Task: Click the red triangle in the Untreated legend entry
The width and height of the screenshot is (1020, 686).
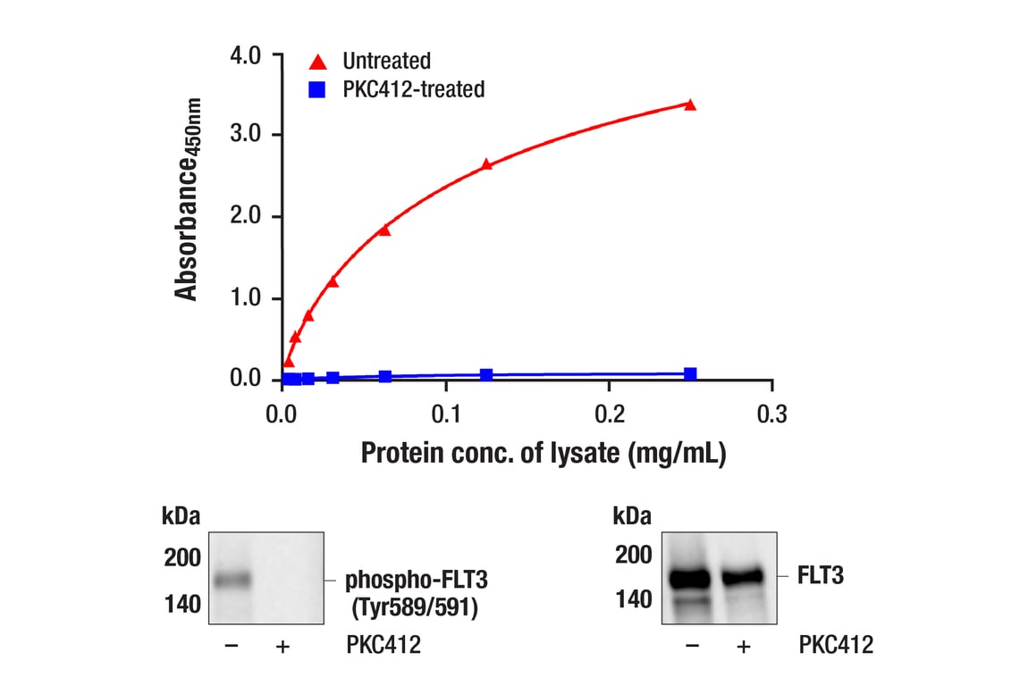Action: point(317,62)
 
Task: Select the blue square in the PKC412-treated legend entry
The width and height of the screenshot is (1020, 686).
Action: point(317,89)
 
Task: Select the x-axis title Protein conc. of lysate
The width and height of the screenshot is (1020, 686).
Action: point(544,453)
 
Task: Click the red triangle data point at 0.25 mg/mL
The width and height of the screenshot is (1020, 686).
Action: point(690,105)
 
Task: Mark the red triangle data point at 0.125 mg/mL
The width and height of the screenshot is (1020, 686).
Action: point(486,164)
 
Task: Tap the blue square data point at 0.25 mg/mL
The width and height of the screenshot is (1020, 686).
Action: point(690,373)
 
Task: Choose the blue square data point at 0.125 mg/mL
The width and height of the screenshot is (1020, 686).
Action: point(486,375)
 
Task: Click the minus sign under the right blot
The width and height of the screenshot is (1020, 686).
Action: point(690,645)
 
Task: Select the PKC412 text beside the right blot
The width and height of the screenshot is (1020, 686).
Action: point(835,645)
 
